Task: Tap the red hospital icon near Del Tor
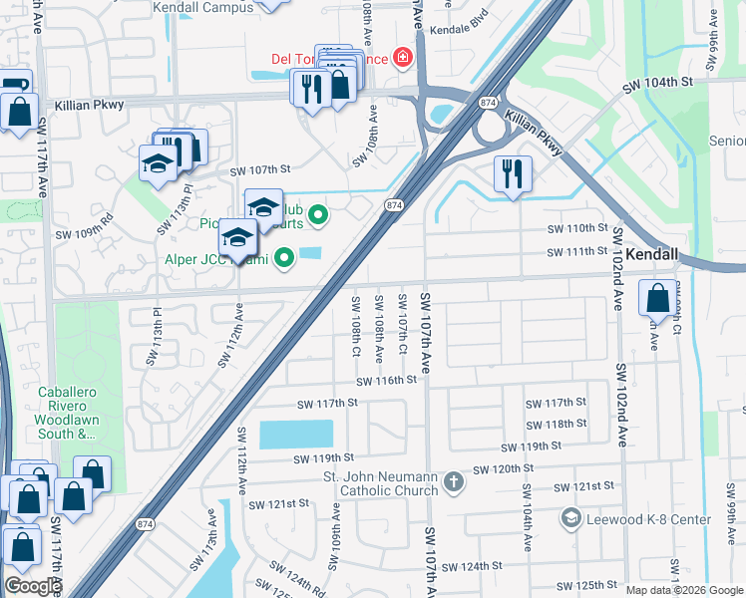point(403,59)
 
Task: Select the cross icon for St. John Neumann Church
point(454,482)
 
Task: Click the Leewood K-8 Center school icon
point(569,517)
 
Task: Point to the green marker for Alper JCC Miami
point(285,259)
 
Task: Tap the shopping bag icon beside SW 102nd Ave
point(658,298)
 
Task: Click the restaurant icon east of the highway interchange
point(513,174)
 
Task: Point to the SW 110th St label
point(575,228)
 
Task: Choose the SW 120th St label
point(504,468)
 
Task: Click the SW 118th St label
point(557,424)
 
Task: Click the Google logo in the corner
point(32,586)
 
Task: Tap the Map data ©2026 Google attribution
point(684,590)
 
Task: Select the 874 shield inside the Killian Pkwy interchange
point(488,103)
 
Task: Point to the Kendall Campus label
point(202,7)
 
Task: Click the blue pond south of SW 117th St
point(295,435)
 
